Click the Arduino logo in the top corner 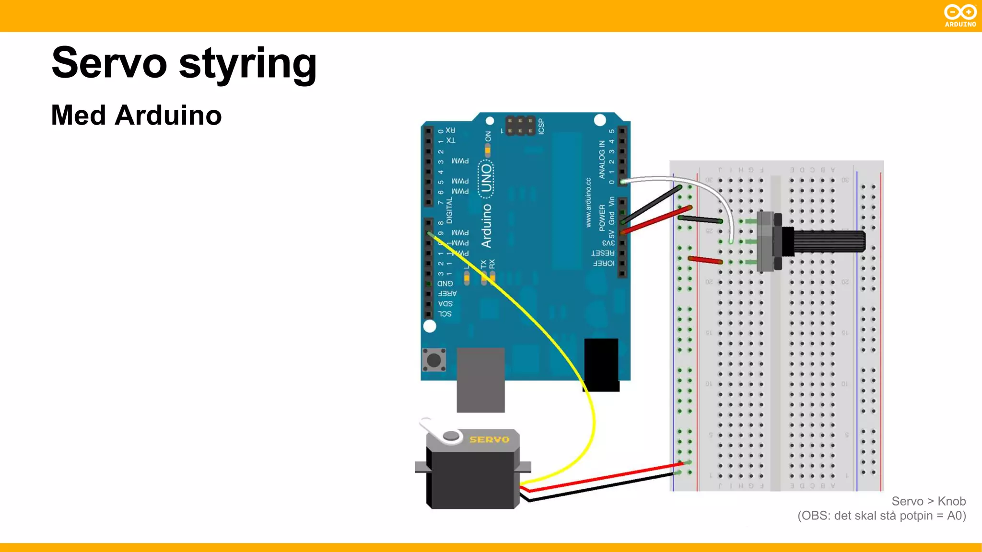(960, 15)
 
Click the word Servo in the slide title (109, 63)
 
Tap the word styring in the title (247, 64)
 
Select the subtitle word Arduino (168, 115)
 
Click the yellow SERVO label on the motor (489, 439)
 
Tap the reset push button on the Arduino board (434, 360)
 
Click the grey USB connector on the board (480, 379)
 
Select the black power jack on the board (601, 364)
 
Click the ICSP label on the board (541, 126)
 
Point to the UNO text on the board (486, 178)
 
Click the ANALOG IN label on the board (602, 160)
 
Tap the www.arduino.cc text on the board (588, 202)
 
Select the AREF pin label (447, 293)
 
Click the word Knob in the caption (951, 501)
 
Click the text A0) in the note (956, 516)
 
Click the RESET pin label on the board (603, 253)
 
